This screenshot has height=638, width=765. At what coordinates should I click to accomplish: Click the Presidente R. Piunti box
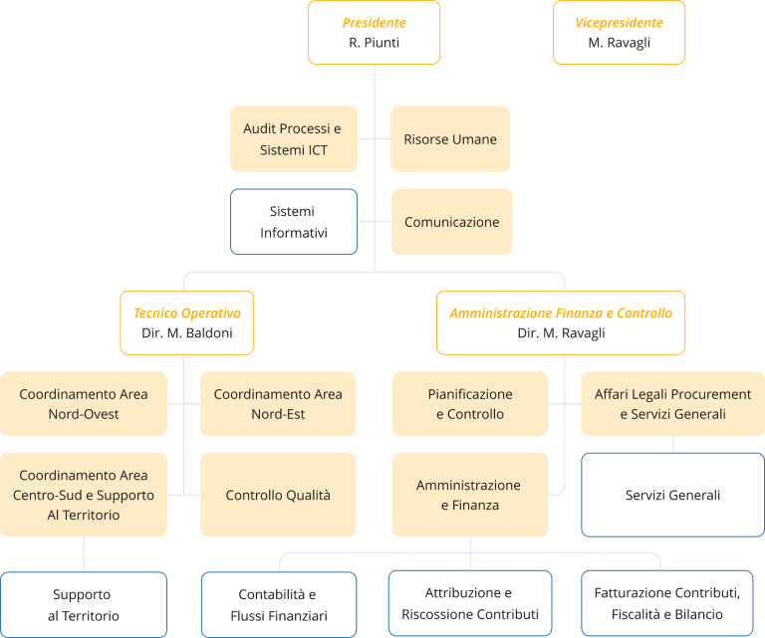(x=375, y=32)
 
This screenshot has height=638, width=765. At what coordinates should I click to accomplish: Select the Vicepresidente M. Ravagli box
(x=620, y=32)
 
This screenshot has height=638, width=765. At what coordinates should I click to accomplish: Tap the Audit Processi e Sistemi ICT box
(x=294, y=139)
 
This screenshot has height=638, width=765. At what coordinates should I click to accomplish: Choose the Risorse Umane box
(x=450, y=139)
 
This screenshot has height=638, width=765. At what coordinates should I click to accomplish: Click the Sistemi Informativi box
(x=294, y=222)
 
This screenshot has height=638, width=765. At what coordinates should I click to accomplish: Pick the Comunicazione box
(x=452, y=222)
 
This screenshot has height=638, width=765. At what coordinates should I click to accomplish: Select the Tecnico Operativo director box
(x=187, y=322)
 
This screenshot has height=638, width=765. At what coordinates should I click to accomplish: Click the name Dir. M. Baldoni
(x=187, y=332)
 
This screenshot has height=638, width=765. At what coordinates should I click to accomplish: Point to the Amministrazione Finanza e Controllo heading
(x=561, y=313)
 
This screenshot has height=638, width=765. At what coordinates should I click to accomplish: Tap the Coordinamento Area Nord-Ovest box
(x=84, y=403)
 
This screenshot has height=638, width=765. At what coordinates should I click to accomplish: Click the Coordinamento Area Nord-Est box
(x=278, y=403)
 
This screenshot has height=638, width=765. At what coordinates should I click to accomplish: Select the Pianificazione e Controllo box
(x=470, y=403)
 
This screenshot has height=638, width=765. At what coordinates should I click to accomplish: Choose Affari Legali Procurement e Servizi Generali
(x=672, y=403)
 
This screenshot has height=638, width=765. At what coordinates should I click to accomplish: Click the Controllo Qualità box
(x=278, y=495)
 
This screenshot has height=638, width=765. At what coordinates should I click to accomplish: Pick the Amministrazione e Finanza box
(x=470, y=495)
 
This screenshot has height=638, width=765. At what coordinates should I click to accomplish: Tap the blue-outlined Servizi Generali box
(x=672, y=495)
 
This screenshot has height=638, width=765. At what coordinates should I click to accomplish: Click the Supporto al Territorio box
(x=84, y=604)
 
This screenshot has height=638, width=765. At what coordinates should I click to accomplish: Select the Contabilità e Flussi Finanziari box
(x=279, y=604)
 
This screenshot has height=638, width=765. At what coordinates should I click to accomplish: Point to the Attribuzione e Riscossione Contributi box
(x=470, y=603)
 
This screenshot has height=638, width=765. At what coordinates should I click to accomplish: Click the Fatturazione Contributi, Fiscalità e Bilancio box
(x=667, y=603)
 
